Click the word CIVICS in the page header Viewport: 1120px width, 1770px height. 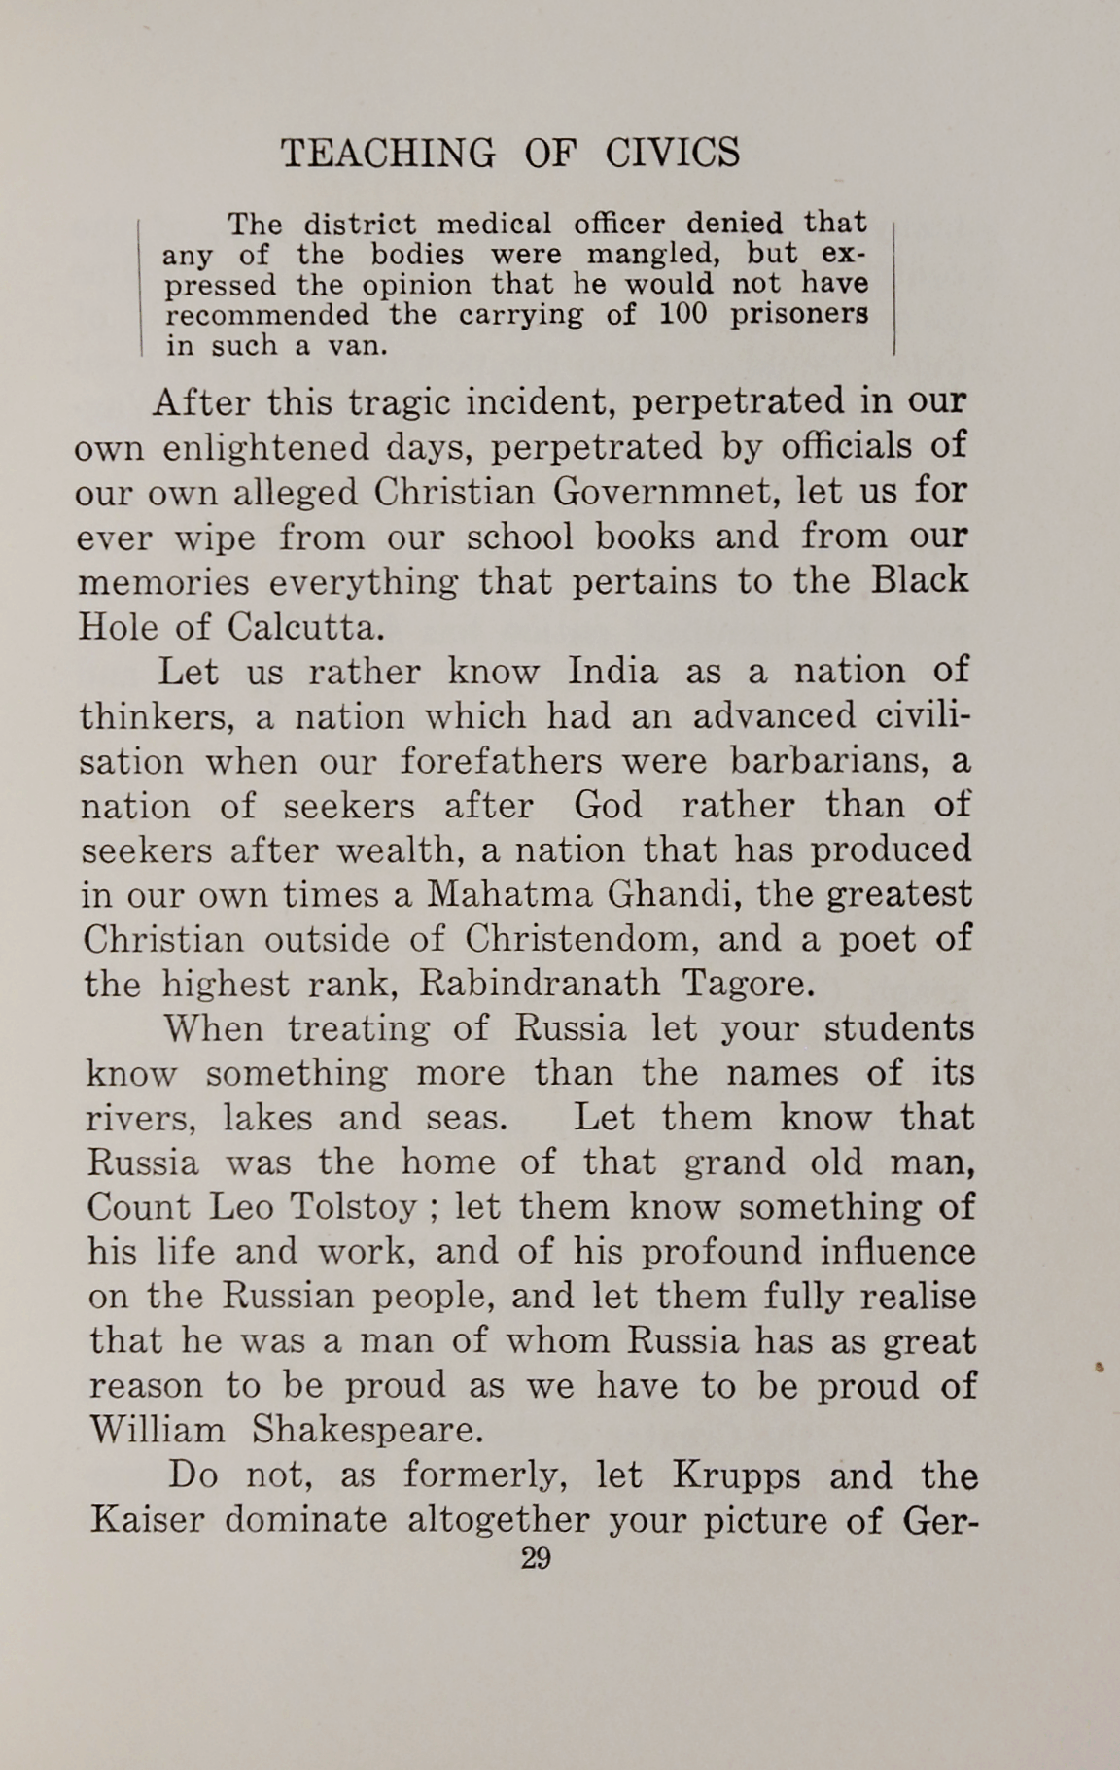[672, 154]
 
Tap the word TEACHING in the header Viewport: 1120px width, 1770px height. [388, 154]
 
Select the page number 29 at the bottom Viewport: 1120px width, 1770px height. [536, 1560]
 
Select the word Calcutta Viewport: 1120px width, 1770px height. [306, 627]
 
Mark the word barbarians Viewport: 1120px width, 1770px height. [829, 760]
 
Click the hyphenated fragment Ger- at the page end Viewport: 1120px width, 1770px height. [938, 1520]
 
